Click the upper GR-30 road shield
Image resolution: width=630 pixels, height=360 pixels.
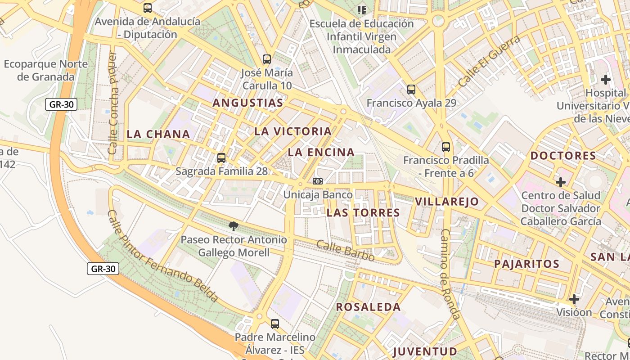[61, 105]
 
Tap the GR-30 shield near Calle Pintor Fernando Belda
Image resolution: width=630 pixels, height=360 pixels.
[103, 269]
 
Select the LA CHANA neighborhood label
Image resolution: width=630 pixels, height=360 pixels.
[158, 134]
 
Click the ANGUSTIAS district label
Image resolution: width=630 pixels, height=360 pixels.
[248, 103]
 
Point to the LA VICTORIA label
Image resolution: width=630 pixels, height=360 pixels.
[293, 131]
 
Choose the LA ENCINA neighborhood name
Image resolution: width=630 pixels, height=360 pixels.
[321, 153]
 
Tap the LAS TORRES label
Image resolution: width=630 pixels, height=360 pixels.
[363, 213]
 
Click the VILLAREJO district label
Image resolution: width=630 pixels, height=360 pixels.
[447, 202]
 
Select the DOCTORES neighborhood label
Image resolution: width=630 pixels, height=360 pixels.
[563, 156]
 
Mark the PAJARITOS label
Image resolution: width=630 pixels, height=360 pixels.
[526, 264]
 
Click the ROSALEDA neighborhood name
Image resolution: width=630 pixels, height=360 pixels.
[369, 307]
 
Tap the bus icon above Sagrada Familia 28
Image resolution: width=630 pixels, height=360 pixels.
[221, 158]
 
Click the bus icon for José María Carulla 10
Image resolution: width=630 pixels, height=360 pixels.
[267, 59]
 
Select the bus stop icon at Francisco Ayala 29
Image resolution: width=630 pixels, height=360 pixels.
[411, 90]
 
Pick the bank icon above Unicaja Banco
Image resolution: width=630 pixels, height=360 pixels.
[318, 181]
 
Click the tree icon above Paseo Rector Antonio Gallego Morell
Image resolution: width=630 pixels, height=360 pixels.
[233, 226]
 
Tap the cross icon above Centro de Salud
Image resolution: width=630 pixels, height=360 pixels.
[561, 182]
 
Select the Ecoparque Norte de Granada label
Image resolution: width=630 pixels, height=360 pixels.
[45, 70]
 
